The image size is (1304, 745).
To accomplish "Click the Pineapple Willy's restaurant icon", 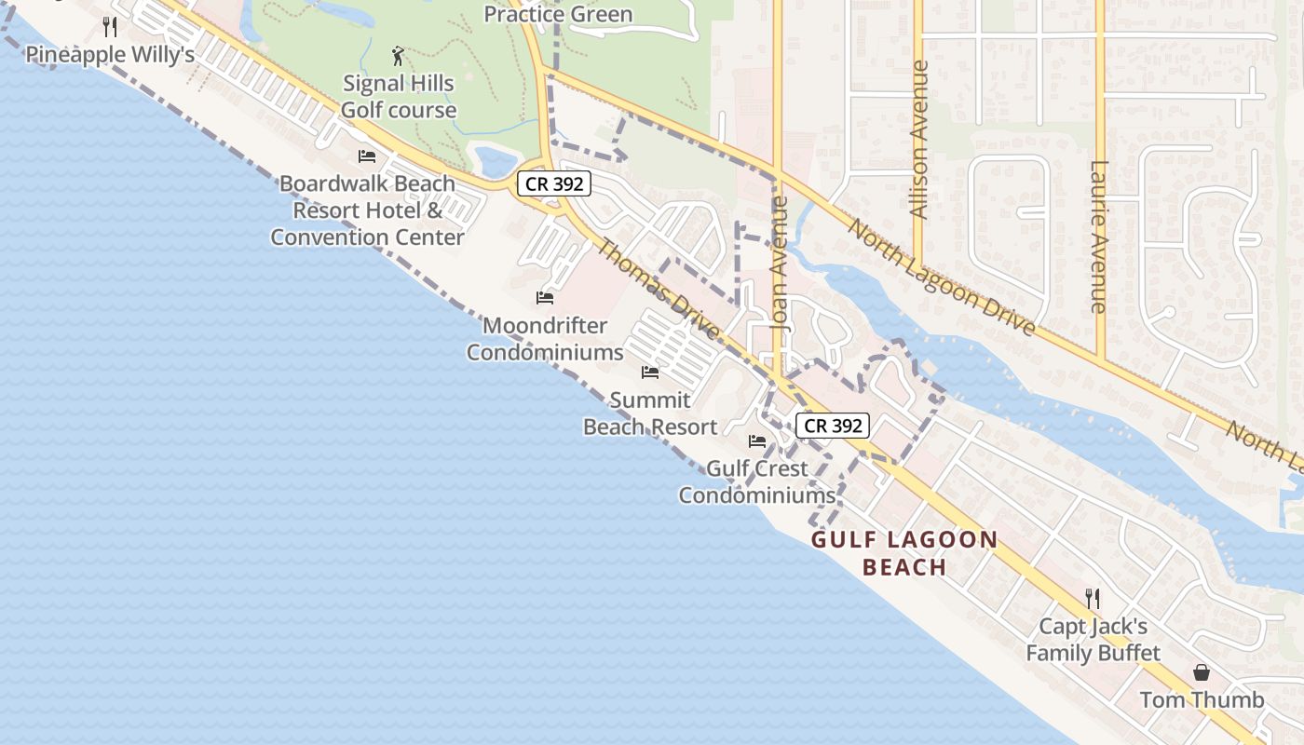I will click(x=110, y=26).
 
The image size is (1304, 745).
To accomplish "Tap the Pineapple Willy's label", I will click(x=110, y=54).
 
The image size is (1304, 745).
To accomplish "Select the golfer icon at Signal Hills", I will click(x=399, y=56).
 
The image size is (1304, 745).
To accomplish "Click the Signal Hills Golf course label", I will click(x=399, y=97).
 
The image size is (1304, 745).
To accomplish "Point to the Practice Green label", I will click(x=558, y=14).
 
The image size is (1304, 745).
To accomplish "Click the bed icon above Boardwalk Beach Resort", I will click(x=367, y=156).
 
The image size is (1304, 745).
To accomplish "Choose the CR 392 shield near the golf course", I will click(x=554, y=183).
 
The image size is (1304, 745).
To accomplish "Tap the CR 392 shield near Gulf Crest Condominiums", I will click(x=833, y=426).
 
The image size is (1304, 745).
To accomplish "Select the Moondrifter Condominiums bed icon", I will click(x=545, y=298).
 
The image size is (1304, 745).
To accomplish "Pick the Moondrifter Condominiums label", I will click(x=545, y=339).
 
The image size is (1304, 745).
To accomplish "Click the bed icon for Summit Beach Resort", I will click(x=650, y=372).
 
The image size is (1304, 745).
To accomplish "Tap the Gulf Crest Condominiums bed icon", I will click(x=757, y=441).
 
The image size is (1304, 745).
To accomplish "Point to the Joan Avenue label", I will click(x=781, y=263).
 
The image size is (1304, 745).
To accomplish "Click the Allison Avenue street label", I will click(x=919, y=140).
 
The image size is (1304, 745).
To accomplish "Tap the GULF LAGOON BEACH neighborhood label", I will click(x=904, y=553).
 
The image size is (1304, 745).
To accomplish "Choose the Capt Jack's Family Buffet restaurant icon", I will click(x=1093, y=598).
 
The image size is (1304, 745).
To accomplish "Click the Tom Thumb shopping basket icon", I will click(x=1202, y=672).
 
